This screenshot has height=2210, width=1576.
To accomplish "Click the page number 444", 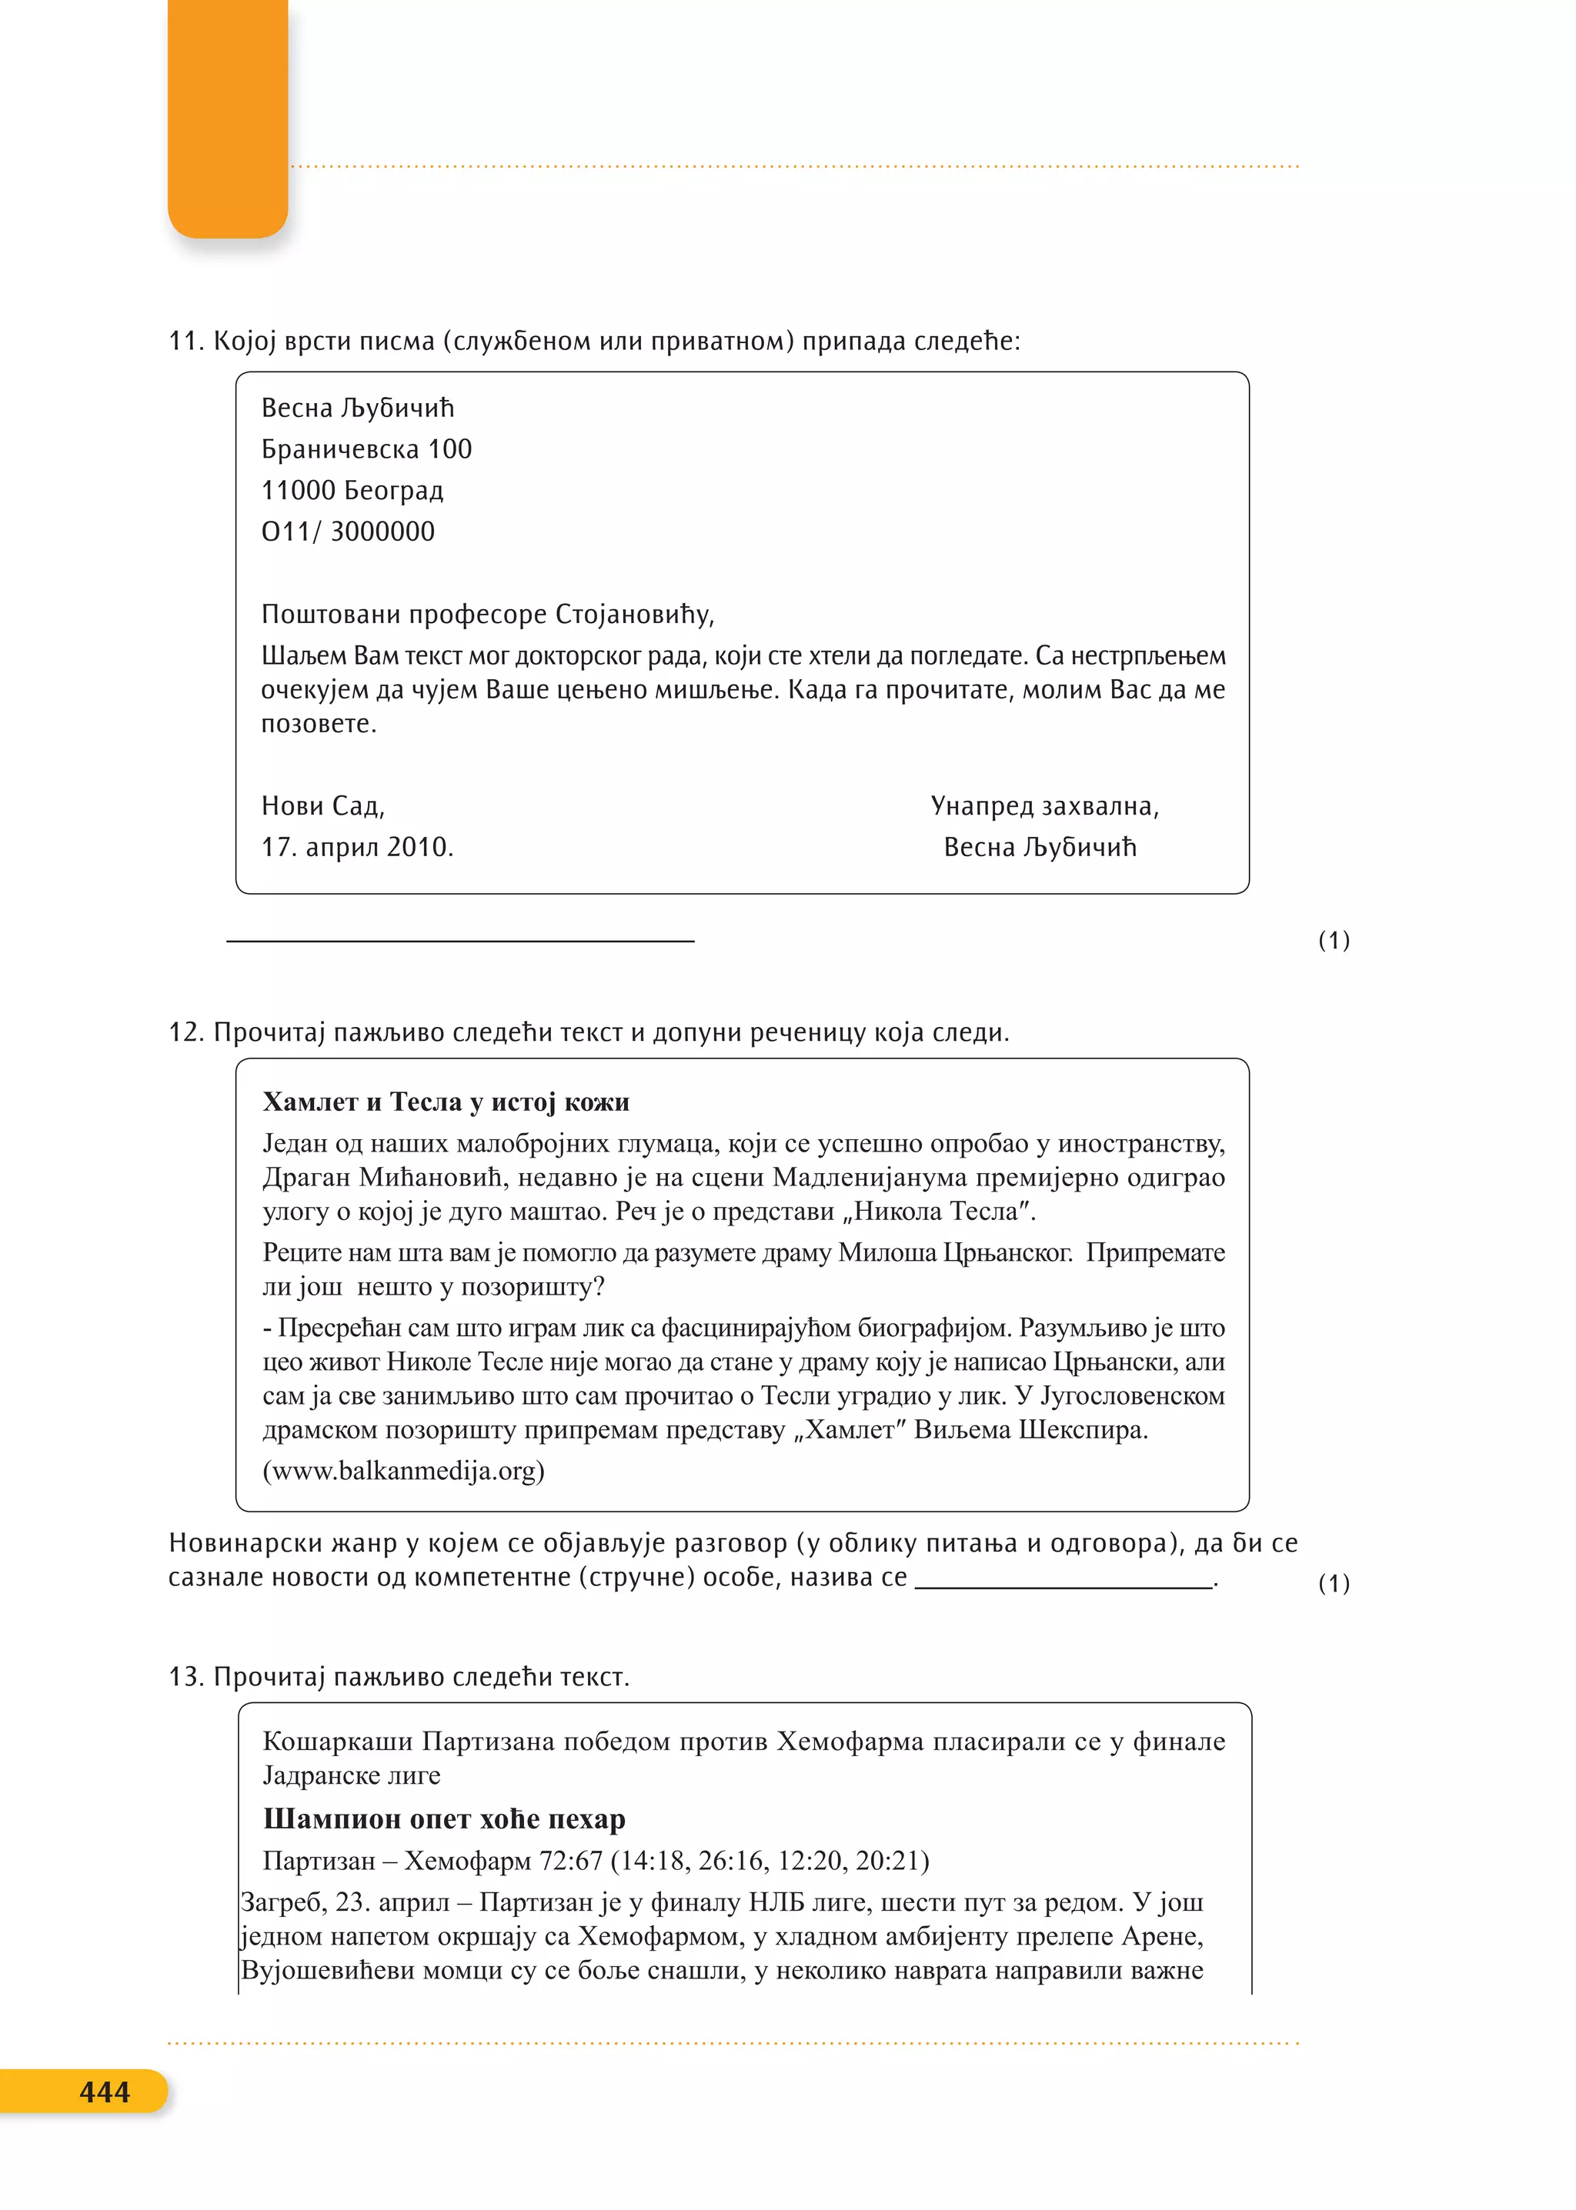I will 104,2092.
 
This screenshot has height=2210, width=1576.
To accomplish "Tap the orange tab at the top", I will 227,116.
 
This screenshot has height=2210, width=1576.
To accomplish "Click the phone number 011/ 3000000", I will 347,532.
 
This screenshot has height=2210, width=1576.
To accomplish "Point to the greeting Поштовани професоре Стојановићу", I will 487,614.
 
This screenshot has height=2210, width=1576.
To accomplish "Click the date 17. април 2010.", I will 356,847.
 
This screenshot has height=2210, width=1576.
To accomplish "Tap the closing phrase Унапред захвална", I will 1044,806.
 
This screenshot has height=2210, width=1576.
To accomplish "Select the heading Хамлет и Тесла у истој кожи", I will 446,1102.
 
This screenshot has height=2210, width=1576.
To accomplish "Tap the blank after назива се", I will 1063,1578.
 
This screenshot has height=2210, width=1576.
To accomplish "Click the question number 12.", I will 185,1032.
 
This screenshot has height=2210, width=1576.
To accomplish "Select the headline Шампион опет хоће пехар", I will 443,1819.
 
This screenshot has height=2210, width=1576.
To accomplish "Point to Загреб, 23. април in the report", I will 345,1902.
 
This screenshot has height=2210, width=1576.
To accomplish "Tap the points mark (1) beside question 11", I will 1334,940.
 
